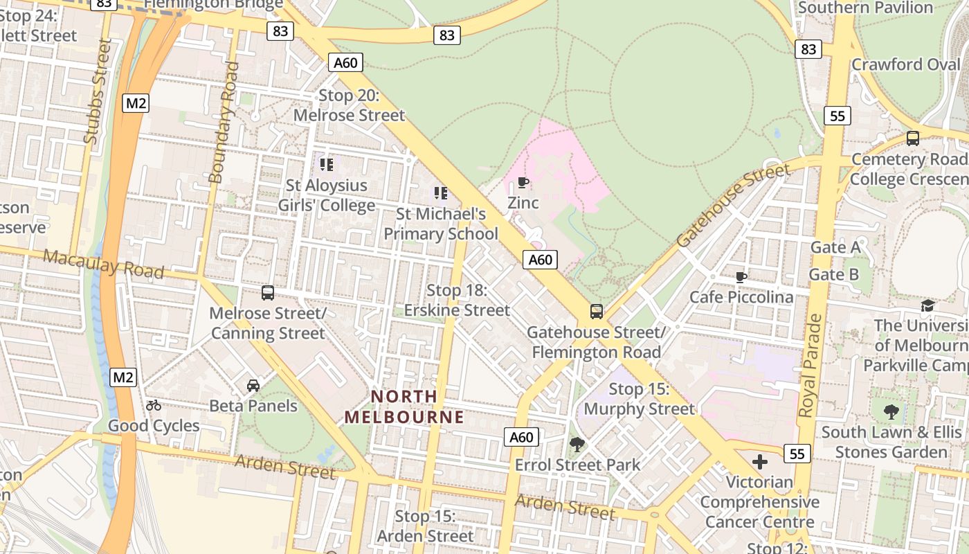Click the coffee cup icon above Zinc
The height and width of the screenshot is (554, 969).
tap(523, 183)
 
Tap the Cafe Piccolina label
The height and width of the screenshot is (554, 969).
tap(741, 297)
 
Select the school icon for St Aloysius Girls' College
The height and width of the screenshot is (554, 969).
tap(327, 164)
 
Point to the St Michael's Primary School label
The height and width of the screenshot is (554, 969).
tap(441, 224)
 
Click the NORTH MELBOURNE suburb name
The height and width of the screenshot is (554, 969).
tap(404, 406)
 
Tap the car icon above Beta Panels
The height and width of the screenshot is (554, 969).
tap(253, 385)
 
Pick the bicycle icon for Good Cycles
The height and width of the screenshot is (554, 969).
tap(154, 405)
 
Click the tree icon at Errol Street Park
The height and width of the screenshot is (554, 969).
tap(577, 444)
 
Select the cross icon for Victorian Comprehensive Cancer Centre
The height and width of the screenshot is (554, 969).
tap(760, 461)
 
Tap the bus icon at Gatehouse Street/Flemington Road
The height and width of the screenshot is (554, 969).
tap(597, 312)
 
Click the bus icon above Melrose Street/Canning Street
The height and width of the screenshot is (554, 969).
tap(268, 293)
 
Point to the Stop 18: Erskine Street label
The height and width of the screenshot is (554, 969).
tap(457, 300)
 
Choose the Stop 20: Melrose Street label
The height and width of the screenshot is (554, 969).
tap(350, 105)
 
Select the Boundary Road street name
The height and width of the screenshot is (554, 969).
tap(224, 123)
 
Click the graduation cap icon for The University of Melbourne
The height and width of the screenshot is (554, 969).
tap(927, 305)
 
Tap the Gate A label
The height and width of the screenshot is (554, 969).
tap(835, 247)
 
